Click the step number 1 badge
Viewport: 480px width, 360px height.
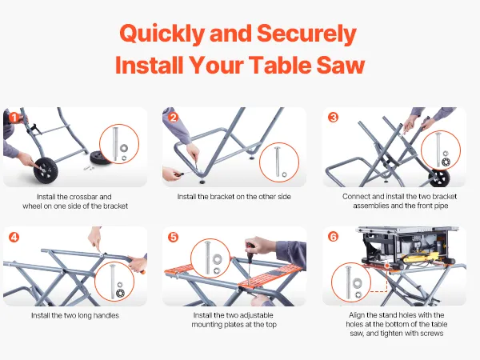14,118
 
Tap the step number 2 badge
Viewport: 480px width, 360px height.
174,118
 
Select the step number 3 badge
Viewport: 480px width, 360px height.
333,118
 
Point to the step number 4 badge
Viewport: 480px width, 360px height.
14,237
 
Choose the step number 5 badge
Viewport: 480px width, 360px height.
174,237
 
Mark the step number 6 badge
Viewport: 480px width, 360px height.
333,237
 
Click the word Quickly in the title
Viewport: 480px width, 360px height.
162,34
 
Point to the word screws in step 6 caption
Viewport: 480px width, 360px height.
432,334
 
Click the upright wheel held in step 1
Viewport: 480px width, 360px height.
46,170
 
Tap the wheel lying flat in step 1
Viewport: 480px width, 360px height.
100,158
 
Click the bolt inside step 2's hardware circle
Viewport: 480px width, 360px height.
278,162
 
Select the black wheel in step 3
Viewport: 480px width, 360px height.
439,178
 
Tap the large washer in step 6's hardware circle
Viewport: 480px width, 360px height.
357,283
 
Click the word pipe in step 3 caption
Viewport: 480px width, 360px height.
441,206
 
